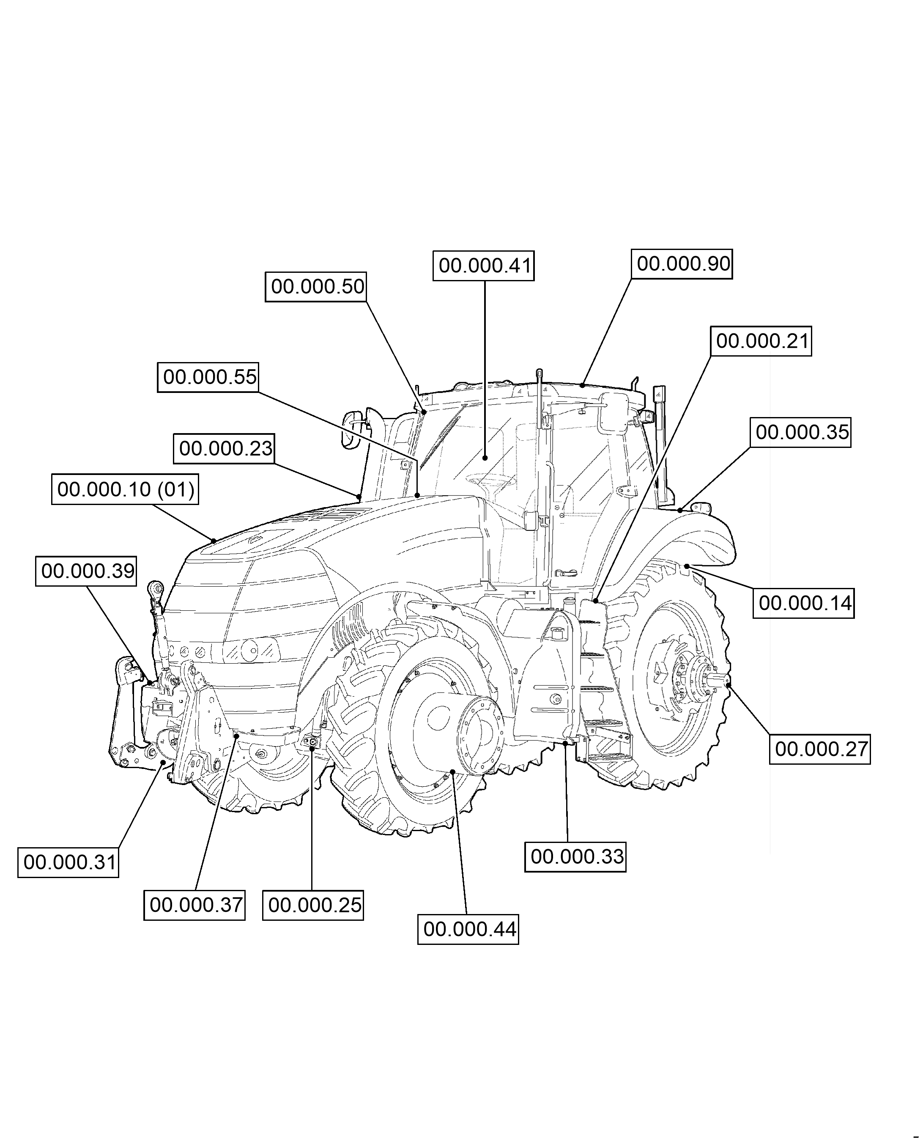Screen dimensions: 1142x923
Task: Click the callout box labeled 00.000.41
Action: pyautogui.click(x=483, y=266)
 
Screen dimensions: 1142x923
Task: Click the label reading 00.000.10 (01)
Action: pyautogui.click(x=125, y=489)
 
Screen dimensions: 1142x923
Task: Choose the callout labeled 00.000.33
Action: pyautogui.click(x=575, y=857)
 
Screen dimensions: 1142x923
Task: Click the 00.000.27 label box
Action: pyautogui.click(x=820, y=749)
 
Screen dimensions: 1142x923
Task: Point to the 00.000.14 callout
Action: pyautogui.click(x=803, y=603)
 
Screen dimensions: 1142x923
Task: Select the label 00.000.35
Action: pyautogui.click(x=801, y=432)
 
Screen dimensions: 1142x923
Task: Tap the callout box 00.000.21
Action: pyautogui.click(x=761, y=341)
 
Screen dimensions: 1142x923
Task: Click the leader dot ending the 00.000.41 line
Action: pyautogui.click(x=485, y=458)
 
